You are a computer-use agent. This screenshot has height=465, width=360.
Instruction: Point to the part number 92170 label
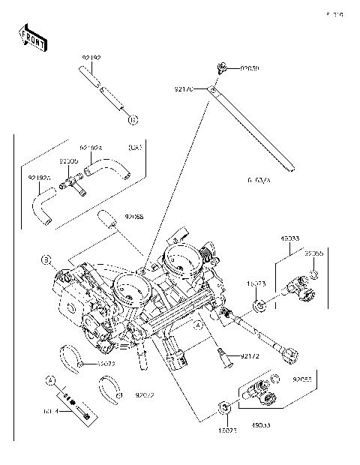coord(184,89)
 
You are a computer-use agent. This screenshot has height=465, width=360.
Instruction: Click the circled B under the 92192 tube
coord(132,119)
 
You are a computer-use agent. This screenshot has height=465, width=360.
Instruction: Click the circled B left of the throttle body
coord(46,259)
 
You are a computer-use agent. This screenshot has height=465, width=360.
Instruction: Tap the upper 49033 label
coord(291,239)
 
